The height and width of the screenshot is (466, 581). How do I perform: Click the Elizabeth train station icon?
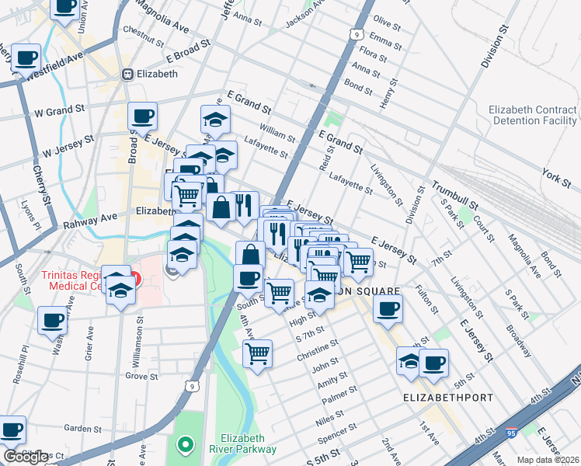click(128, 75)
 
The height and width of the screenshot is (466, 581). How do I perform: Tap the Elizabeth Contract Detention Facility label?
click(533, 116)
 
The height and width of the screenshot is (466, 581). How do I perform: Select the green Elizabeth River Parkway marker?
click(185, 445)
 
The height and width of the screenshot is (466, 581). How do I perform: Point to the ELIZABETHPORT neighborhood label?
click(448, 397)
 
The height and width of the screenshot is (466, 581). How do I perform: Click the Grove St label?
click(141, 375)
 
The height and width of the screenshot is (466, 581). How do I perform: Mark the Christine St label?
click(318, 351)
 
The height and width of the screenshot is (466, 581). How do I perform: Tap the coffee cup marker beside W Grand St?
click(142, 116)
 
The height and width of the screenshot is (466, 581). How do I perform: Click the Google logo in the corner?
click(26, 457)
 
